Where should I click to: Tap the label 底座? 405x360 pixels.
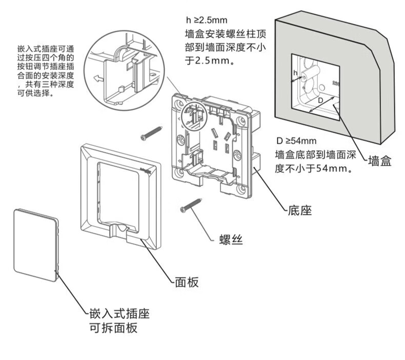[299, 211]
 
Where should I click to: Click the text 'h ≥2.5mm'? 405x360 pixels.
[206, 21]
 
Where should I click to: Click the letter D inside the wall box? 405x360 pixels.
[320, 101]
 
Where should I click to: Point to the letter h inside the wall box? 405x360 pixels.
[295, 73]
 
